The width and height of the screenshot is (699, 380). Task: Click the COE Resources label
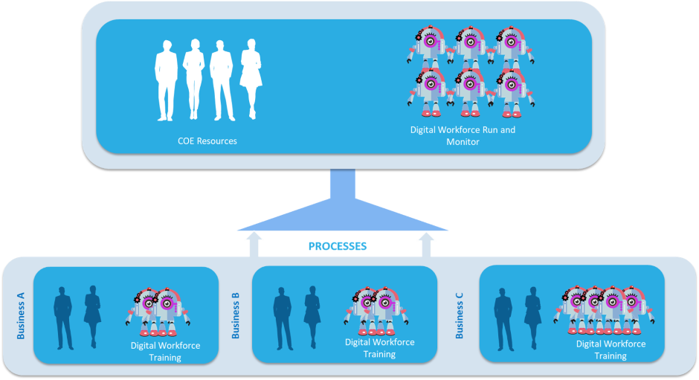click(207, 141)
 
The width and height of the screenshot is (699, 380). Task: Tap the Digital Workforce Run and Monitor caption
click(463, 135)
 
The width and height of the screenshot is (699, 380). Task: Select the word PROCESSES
click(338, 246)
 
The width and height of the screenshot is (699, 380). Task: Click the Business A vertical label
click(21, 316)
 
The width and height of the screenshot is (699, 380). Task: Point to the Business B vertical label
click(236, 315)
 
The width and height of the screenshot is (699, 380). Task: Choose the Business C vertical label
click(459, 315)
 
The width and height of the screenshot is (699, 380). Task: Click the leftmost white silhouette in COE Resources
click(166, 81)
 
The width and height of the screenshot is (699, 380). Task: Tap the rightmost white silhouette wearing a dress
click(251, 80)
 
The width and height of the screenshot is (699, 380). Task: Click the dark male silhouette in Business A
click(63, 318)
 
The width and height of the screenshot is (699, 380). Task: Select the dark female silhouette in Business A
click(92, 317)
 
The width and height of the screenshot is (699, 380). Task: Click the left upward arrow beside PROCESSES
click(254, 245)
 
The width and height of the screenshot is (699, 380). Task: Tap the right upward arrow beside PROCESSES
click(427, 245)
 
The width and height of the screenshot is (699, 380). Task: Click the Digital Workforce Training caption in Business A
click(165, 352)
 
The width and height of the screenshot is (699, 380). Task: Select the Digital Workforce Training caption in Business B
click(380, 348)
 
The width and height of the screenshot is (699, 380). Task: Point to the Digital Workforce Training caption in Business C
click(611, 350)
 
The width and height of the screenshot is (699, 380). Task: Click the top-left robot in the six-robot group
click(429, 47)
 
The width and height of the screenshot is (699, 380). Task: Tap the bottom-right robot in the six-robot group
click(512, 93)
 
